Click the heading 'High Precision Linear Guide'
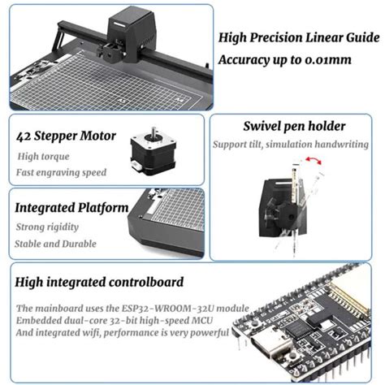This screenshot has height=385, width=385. point(299,37)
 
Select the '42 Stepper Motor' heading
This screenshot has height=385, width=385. point(66,136)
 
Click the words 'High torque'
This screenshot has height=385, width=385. point(43,157)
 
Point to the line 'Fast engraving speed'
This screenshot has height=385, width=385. point(61,172)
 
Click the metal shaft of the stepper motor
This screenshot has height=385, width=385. point(154,132)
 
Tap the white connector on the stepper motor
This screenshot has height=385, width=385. point(136,166)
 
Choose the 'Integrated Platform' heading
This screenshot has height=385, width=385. point(71,208)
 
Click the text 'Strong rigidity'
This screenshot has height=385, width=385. point(47,227)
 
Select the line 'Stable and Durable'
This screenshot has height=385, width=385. point(55,244)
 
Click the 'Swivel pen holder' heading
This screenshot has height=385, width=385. point(294,126)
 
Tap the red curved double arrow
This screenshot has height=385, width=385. point(314,159)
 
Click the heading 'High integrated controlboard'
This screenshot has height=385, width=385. point(99,282)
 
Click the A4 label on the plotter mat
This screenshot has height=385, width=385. point(179,99)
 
